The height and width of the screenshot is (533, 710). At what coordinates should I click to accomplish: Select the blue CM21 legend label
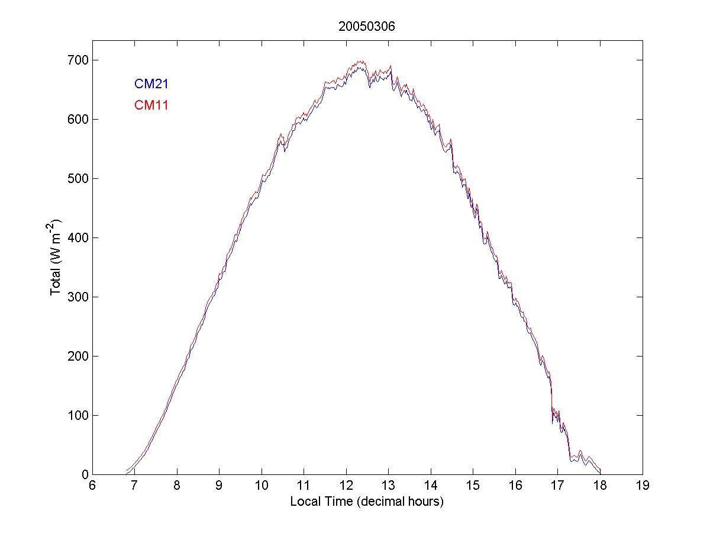pyautogui.click(x=151, y=84)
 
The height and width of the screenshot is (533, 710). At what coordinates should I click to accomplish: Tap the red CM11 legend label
pyautogui.click(x=151, y=105)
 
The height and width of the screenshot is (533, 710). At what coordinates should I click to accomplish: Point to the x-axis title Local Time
pyautogui.click(x=367, y=502)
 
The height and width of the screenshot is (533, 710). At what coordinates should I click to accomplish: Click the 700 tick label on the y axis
pyautogui.click(x=78, y=60)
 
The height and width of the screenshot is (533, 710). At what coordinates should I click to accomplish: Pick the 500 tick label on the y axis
pyautogui.click(x=78, y=179)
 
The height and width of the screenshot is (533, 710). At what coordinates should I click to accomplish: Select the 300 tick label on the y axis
pyautogui.click(x=78, y=297)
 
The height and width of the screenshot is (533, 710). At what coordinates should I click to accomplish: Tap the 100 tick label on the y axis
pyautogui.click(x=78, y=416)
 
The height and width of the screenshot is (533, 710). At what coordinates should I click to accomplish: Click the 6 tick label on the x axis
pyautogui.click(x=92, y=487)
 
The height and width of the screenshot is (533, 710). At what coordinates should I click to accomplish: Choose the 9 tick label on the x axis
pyautogui.click(x=219, y=487)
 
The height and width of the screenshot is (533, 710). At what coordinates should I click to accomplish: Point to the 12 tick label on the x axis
pyautogui.click(x=346, y=487)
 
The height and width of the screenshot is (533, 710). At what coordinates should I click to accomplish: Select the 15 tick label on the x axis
pyautogui.click(x=473, y=487)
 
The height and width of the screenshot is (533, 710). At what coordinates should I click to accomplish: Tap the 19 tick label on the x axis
pyautogui.click(x=642, y=487)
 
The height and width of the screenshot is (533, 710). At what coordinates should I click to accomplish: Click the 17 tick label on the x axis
pyautogui.click(x=557, y=487)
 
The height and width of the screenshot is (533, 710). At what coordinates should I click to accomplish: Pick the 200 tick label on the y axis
pyautogui.click(x=78, y=357)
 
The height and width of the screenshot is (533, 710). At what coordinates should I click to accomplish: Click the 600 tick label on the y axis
pyautogui.click(x=78, y=120)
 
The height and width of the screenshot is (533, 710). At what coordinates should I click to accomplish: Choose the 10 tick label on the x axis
pyautogui.click(x=262, y=487)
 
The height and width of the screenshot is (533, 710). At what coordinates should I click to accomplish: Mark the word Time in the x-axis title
pyautogui.click(x=353, y=502)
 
